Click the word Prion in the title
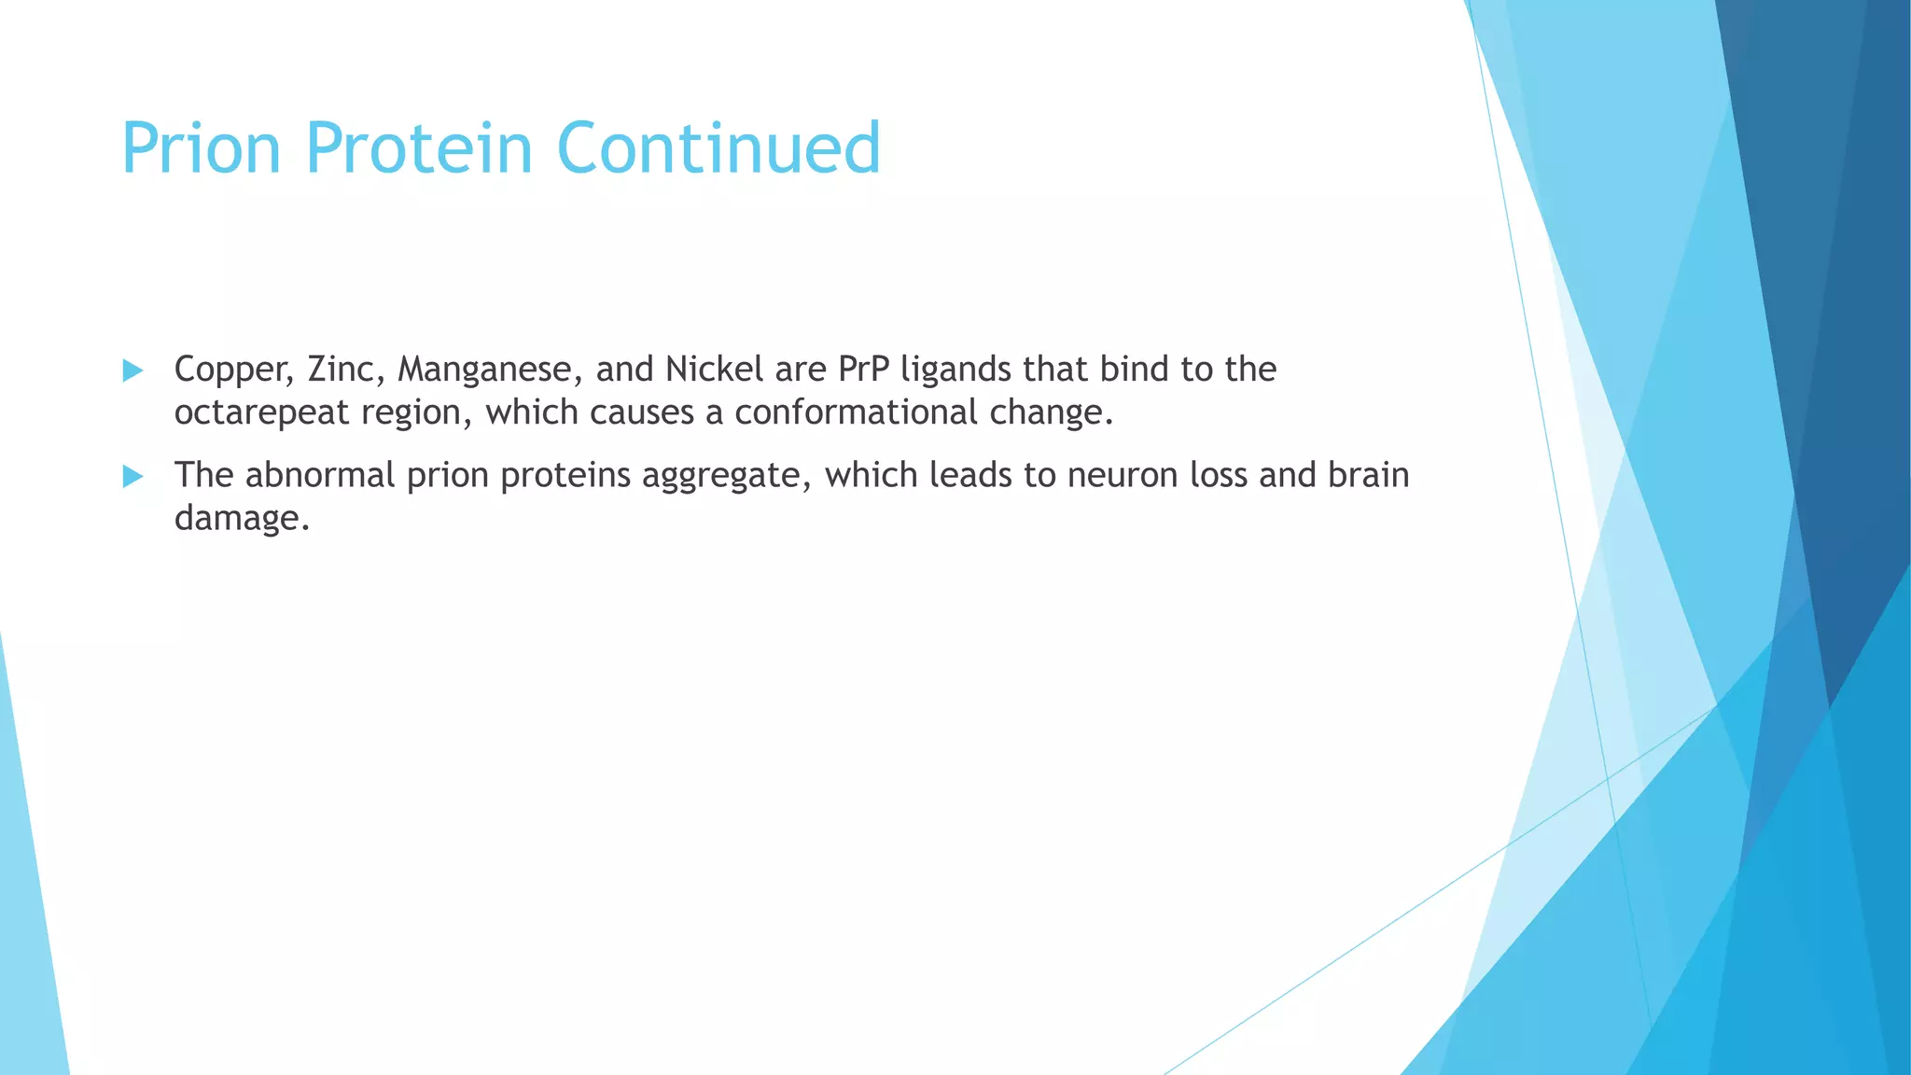click(x=201, y=147)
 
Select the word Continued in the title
click(x=718, y=147)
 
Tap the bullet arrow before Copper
click(x=133, y=370)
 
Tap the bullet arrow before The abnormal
click(x=133, y=477)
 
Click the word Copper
click(x=234, y=370)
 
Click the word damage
click(x=241, y=519)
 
